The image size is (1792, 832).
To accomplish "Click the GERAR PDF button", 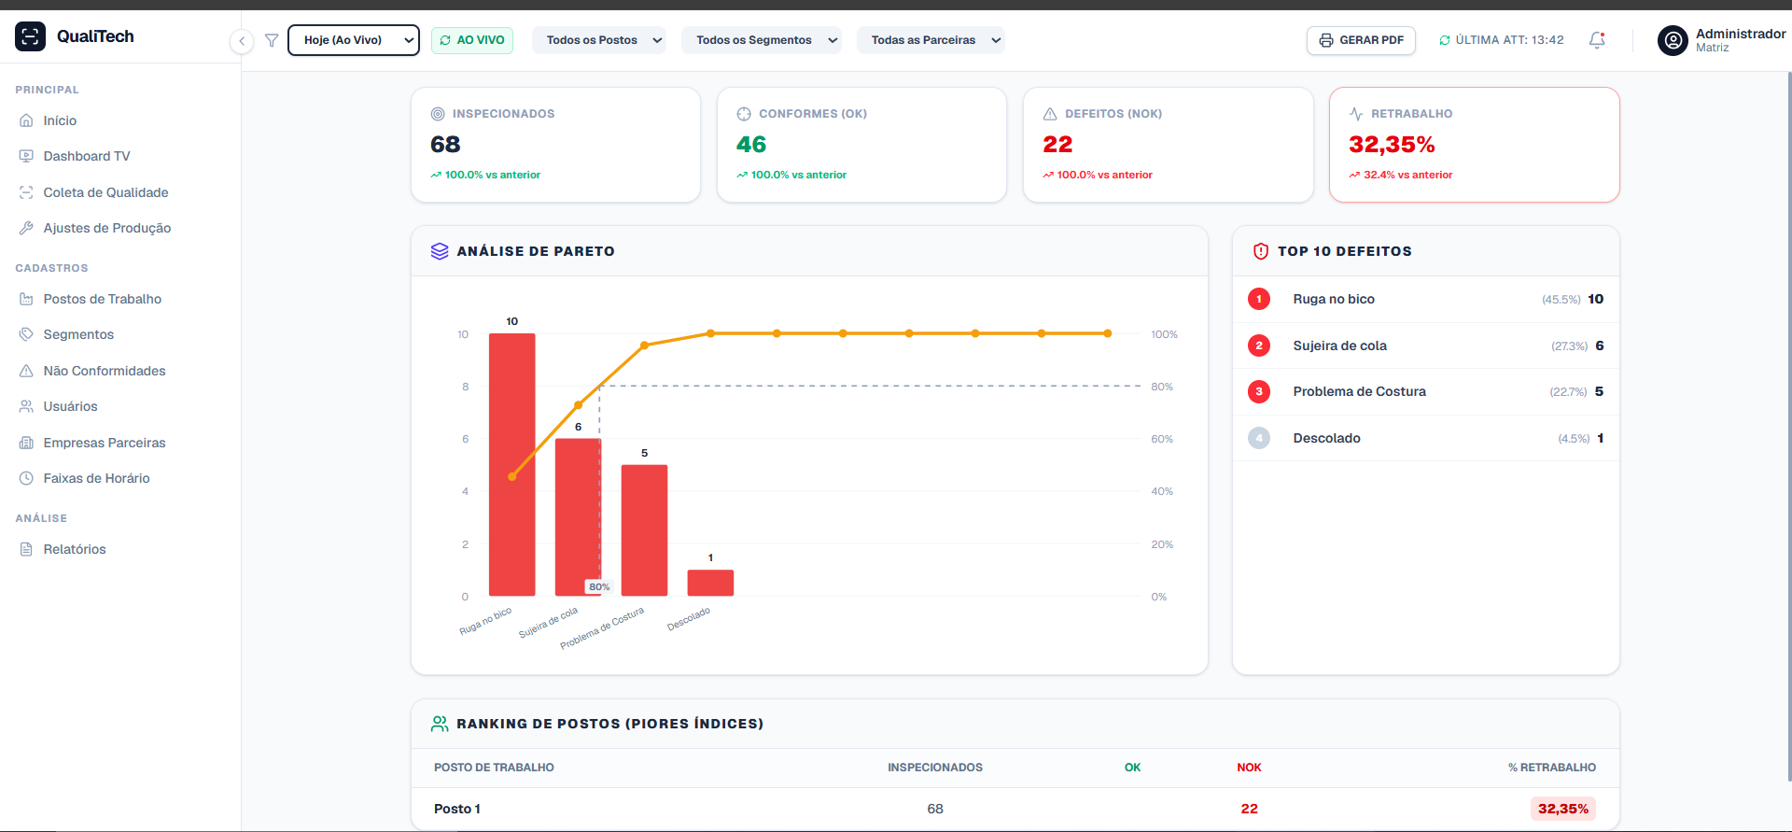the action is pyautogui.click(x=1361, y=40).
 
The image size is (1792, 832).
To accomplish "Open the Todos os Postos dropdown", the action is pyautogui.click(x=599, y=40).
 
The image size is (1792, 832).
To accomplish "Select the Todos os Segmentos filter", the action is pyautogui.click(x=762, y=40).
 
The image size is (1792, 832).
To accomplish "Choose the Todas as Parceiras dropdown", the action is pyautogui.click(x=931, y=40).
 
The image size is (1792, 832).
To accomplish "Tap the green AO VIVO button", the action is pyautogui.click(x=472, y=40).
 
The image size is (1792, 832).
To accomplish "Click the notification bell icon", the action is pyautogui.click(x=1597, y=40).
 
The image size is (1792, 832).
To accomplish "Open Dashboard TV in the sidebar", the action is pyautogui.click(x=87, y=156).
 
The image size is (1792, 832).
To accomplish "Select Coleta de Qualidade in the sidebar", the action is pyautogui.click(x=105, y=192).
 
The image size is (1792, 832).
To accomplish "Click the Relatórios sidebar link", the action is pyautogui.click(x=75, y=549).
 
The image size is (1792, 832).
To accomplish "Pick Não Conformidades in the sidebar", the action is pyautogui.click(x=105, y=371).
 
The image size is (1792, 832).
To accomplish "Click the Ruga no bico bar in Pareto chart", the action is pyautogui.click(x=512, y=464).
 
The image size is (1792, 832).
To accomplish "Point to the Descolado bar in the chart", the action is pyautogui.click(x=710, y=583).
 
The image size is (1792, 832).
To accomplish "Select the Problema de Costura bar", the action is pyautogui.click(x=644, y=530).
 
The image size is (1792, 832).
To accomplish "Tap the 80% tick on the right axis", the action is pyautogui.click(x=1162, y=387).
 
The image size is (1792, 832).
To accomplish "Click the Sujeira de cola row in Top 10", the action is pyautogui.click(x=1425, y=345).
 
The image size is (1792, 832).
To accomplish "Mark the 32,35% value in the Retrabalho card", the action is pyautogui.click(x=1392, y=145).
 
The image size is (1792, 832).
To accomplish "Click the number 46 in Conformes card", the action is pyautogui.click(x=751, y=145).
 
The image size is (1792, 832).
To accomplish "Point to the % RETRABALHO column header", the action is pyautogui.click(x=1552, y=768).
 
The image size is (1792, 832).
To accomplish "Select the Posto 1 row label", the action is pyautogui.click(x=457, y=809).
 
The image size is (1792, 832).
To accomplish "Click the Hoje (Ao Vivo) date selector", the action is pyautogui.click(x=354, y=40).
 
